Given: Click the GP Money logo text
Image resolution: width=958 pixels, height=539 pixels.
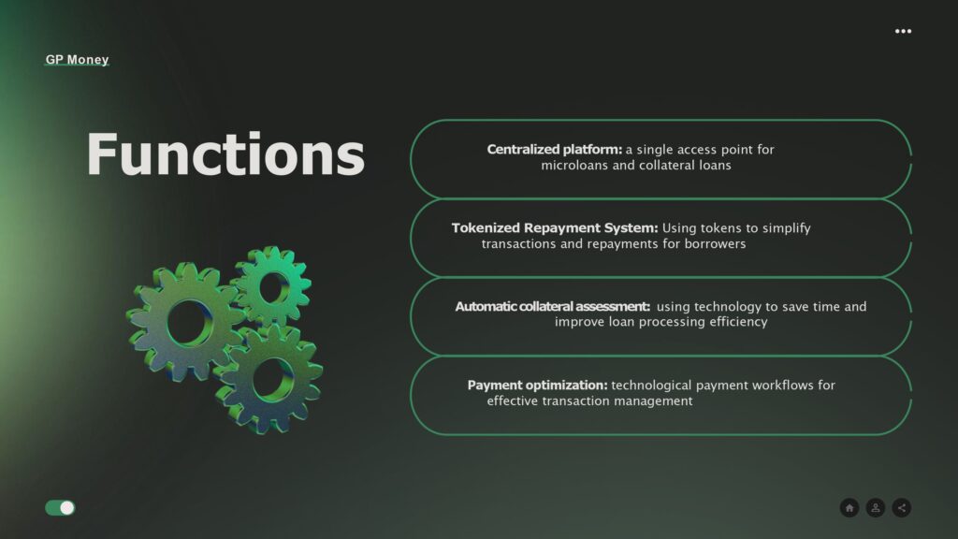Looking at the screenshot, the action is [x=77, y=59].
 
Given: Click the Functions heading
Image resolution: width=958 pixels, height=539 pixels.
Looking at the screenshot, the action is [x=225, y=154].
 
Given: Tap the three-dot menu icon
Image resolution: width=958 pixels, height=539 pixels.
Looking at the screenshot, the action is [x=903, y=31].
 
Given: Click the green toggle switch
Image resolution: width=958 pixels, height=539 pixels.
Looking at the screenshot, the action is [x=60, y=508].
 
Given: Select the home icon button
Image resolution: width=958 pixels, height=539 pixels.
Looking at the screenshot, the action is [x=849, y=508].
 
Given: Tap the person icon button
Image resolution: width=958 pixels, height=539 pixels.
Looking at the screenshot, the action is [x=876, y=508].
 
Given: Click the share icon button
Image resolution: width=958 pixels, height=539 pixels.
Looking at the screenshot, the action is [x=902, y=508].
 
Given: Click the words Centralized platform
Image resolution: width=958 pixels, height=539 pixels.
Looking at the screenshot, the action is [x=554, y=150].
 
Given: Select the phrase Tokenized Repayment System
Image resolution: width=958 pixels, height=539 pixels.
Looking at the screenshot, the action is [x=555, y=228].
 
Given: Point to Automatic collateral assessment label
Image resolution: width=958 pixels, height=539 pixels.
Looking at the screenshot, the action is [x=552, y=307].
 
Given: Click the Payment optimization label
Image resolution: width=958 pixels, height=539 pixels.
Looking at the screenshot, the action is [x=538, y=386].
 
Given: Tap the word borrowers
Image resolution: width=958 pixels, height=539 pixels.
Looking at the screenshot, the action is [x=715, y=244].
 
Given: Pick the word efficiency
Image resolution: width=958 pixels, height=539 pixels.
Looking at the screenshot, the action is [x=738, y=322].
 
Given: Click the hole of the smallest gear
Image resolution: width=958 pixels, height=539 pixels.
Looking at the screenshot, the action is [x=273, y=287].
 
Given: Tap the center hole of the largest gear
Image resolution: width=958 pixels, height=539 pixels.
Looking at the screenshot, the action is [x=189, y=323].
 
